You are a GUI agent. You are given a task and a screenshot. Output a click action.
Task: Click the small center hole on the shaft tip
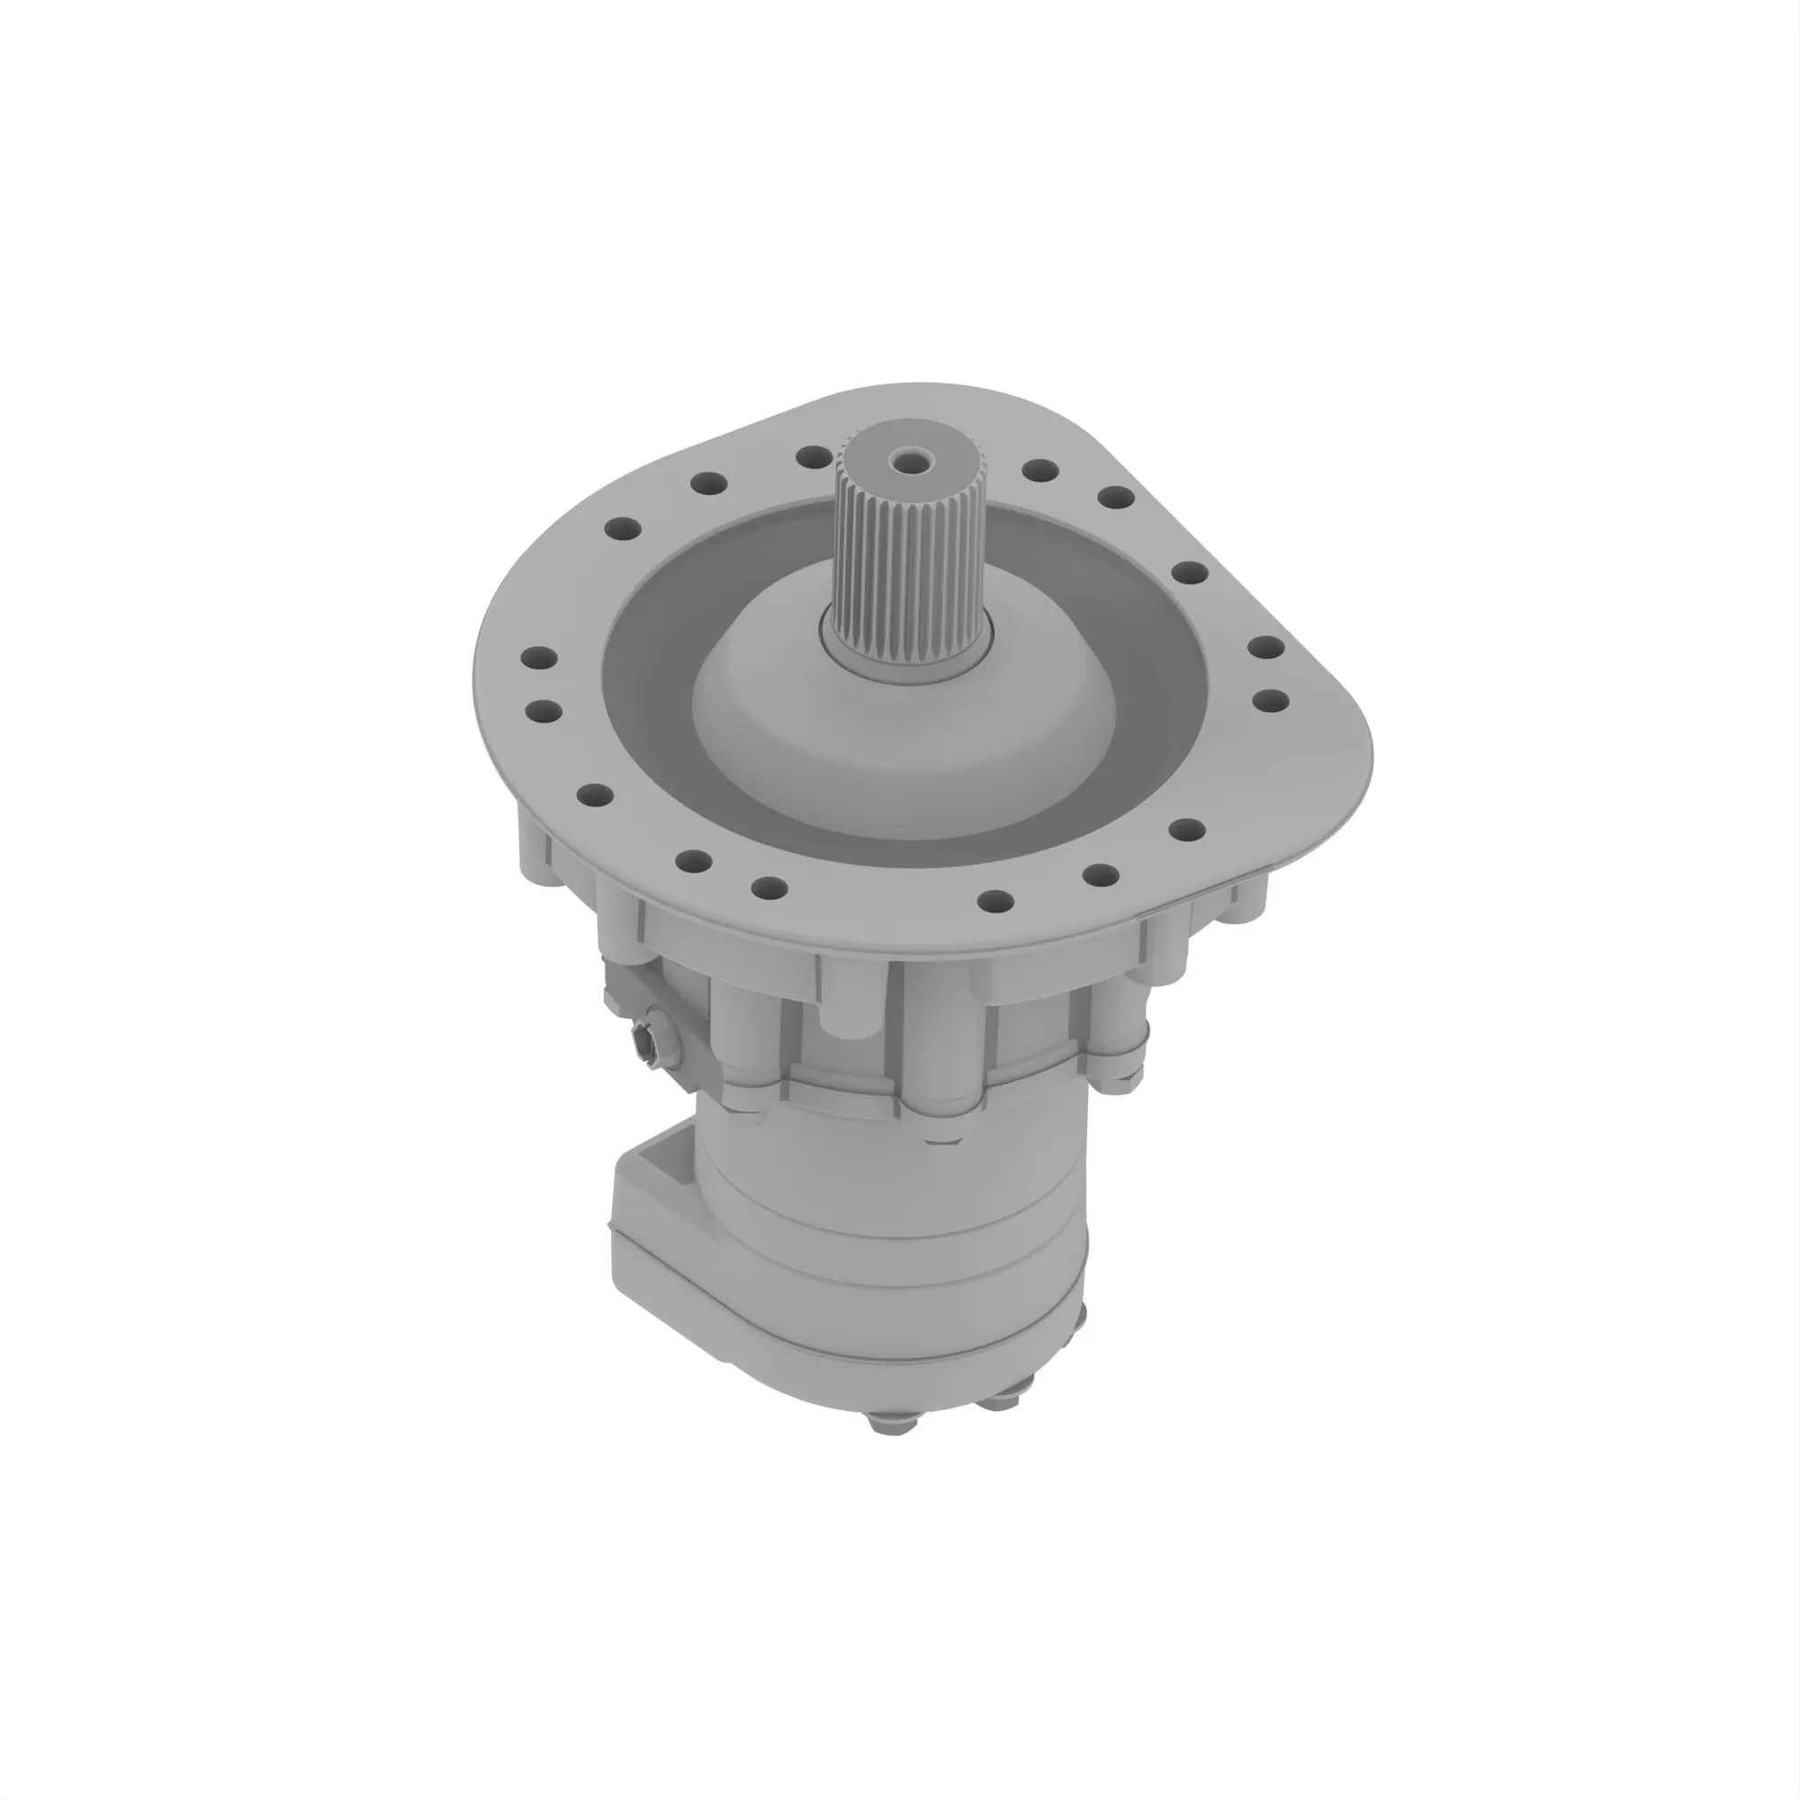pyautogui.click(x=903, y=458)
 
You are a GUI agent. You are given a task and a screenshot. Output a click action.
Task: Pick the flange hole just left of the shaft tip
pyautogui.click(x=814, y=456)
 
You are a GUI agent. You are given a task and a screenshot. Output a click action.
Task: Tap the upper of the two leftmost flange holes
pyautogui.click(x=538, y=658)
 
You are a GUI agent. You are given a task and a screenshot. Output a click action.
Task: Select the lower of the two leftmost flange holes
pyautogui.click(x=544, y=713)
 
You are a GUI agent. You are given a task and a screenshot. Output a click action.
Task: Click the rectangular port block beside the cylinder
pyautogui.click(x=652, y=1248)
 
